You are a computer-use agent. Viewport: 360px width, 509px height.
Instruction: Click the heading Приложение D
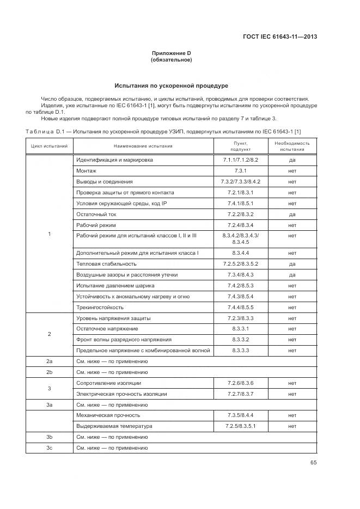click(x=171, y=53)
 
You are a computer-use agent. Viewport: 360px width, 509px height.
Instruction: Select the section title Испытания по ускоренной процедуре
click(x=171, y=86)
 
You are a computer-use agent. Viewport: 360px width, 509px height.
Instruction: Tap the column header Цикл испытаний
click(x=49, y=146)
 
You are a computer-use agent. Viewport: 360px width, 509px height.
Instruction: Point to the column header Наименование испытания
click(x=143, y=146)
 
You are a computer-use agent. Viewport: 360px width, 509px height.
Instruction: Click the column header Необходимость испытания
click(x=292, y=146)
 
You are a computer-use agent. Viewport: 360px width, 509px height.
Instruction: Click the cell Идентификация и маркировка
click(x=114, y=160)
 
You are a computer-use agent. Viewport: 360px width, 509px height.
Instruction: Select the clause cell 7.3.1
click(x=241, y=171)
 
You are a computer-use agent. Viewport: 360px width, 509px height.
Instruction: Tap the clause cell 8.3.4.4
click(x=241, y=253)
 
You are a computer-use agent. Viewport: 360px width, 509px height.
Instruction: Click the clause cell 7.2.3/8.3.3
click(x=241, y=318)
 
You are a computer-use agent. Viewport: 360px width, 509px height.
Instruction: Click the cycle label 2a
click(x=49, y=361)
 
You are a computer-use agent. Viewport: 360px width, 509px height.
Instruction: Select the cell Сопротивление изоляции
click(x=108, y=383)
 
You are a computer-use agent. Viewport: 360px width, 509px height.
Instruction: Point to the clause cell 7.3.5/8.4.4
click(x=241, y=415)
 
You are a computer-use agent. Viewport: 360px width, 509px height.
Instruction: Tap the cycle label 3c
click(x=49, y=447)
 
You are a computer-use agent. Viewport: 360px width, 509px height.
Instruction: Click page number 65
click(x=313, y=463)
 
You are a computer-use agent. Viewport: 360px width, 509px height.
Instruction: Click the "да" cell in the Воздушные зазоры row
click(x=292, y=274)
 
